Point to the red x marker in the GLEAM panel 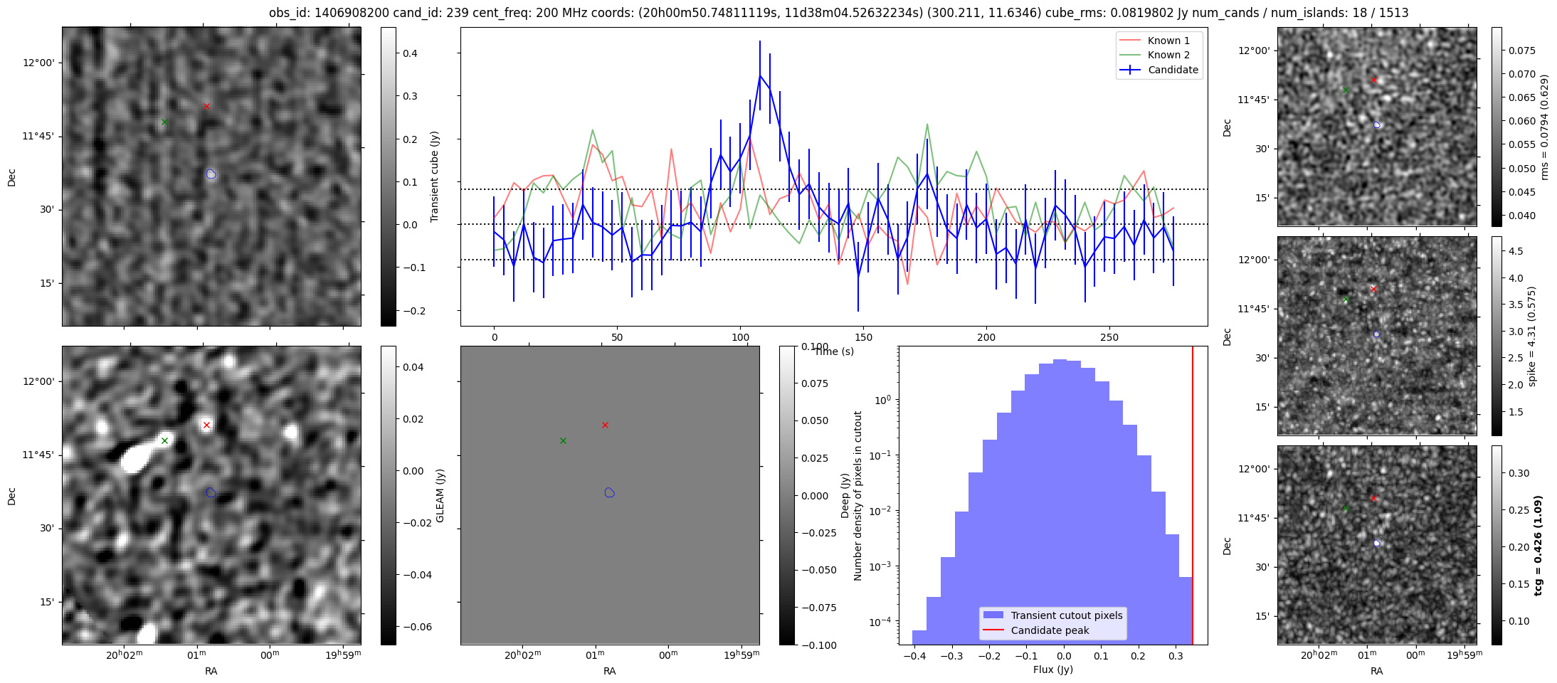(206, 425)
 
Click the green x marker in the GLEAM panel (164, 441)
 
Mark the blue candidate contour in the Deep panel (609, 492)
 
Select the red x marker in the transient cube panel (206, 107)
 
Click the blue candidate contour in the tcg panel (1377, 543)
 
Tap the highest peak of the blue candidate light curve (760, 75)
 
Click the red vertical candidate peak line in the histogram (1193, 498)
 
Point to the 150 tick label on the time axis (863, 337)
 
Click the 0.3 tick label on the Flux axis (1176, 656)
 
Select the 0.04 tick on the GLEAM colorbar (413, 367)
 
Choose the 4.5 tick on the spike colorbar (1516, 251)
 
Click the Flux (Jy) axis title (1052, 669)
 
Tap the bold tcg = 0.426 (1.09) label (1538, 546)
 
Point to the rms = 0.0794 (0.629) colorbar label (1544, 127)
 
